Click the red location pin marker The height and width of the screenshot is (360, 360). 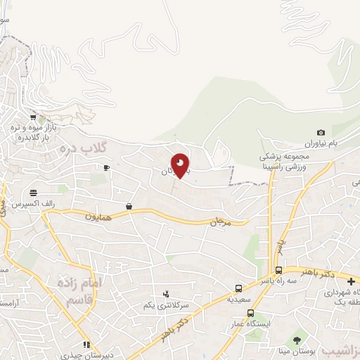click(180, 166)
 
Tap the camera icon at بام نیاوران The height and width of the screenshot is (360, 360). click(321, 133)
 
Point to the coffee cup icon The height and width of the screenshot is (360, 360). click(106, 167)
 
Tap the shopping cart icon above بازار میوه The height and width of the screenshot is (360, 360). click(33, 116)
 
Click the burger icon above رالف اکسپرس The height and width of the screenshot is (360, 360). click(33, 192)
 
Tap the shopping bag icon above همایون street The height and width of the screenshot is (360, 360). click(129, 206)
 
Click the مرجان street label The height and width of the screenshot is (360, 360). click(220, 221)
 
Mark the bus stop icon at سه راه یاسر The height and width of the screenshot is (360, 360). click(279, 270)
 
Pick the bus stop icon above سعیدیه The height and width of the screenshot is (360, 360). click(238, 288)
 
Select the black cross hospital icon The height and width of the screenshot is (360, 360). click(351, 281)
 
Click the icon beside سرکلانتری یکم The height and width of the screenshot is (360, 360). click(166, 294)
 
